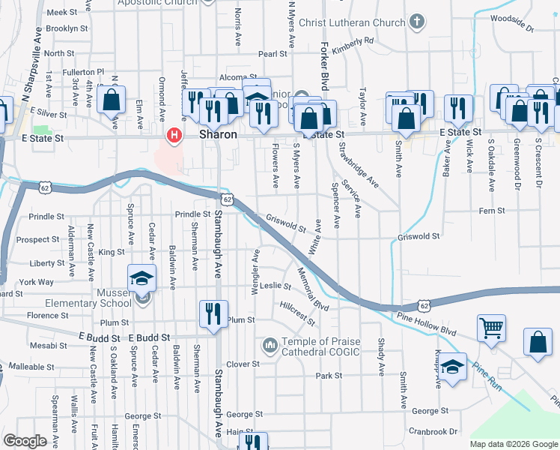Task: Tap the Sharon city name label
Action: (218, 135)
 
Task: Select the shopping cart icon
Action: (491, 327)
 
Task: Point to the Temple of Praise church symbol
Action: (270, 345)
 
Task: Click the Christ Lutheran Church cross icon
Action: (416, 22)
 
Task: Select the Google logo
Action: (25, 440)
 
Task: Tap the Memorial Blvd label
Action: (312, 288)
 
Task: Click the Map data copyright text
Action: (513, 444)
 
